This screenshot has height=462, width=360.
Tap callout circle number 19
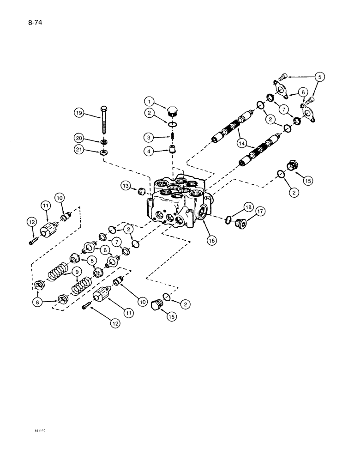[x=80, y=112]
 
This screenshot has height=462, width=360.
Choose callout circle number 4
[x=149, y=151]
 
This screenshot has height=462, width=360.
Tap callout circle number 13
[x=126, y=186]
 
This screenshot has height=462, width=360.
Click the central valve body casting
[x=175, y=203]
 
